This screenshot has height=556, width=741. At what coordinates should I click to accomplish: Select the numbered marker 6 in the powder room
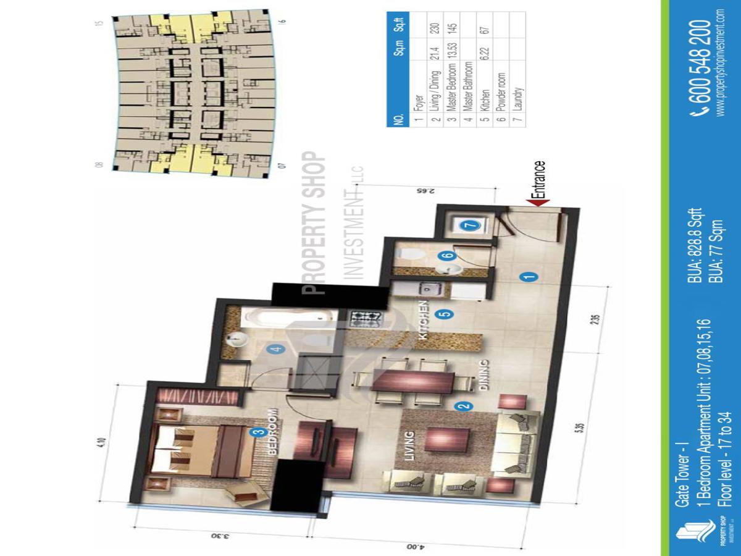tap(443, 255)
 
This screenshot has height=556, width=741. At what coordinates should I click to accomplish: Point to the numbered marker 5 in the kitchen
tap(446, 314)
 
